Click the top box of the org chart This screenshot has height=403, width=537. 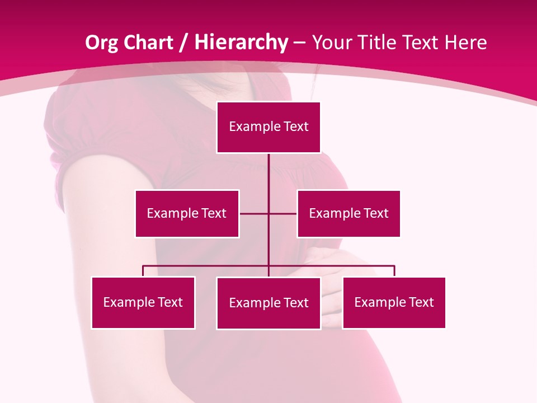click(268, 127)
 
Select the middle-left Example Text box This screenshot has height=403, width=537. click(187, 213)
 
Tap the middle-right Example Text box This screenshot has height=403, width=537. click(348, 213)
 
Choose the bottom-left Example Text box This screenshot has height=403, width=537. click(143, 302)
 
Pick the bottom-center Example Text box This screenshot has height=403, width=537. click(268, 303)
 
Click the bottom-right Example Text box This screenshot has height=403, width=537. click(394, 302)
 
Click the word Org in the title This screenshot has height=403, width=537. click(102, 43)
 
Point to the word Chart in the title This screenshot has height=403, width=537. click(149, 43)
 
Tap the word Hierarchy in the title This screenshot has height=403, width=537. click(241, 43)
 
